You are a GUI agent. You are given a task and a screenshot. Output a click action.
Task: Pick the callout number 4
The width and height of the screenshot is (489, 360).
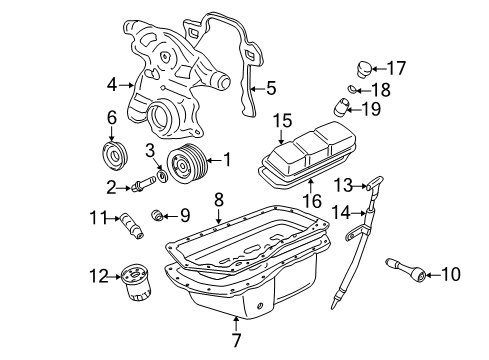[112, 85]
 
